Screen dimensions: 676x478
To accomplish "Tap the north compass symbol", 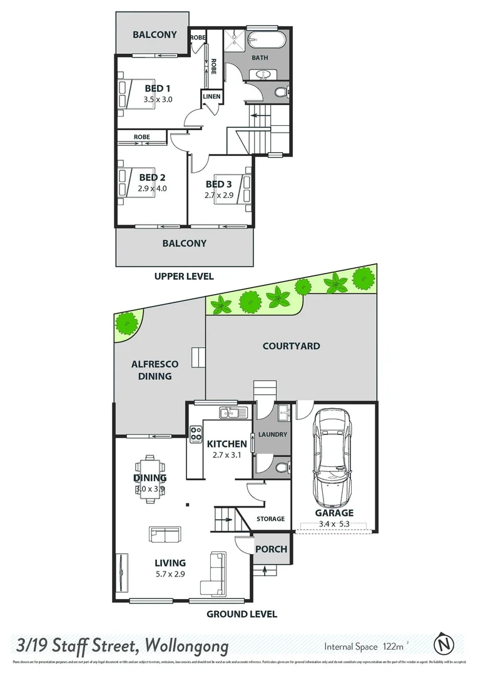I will [444, 644].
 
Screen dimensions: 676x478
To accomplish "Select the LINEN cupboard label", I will [210, 97].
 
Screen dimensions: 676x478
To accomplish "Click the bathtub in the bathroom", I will [267, 39].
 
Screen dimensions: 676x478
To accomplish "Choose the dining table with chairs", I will [151, 478].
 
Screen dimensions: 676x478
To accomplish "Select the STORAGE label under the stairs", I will [270, 519].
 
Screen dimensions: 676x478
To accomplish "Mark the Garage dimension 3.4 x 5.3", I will [333, 523].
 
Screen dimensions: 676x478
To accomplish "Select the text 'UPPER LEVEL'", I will [184, 276].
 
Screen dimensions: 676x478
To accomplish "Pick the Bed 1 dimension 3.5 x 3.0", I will [158, 99].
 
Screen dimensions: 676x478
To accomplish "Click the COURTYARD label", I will [291, 346].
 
